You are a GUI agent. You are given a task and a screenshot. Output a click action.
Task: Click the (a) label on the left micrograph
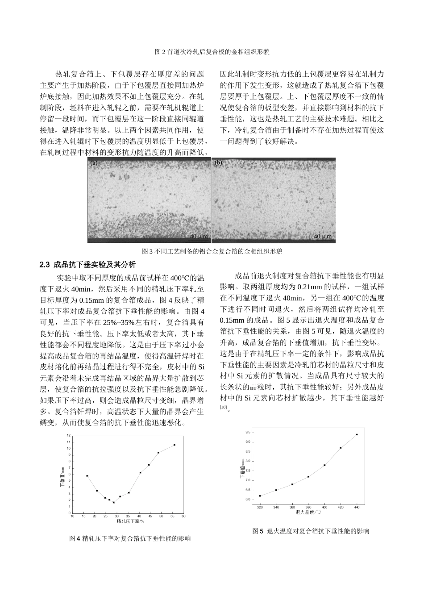pyautogui.click(x=94, y=163)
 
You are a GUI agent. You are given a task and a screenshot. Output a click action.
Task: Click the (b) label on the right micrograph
pyautogui.click(x=218, y=163)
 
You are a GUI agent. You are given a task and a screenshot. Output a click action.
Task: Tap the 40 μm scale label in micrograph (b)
pyautogui.click(x=323, y=236)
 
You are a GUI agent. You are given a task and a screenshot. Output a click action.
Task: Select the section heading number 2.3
pyautogui.click(x=45, y=264)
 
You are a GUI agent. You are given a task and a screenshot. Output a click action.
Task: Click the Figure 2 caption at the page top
pyautogui.click(x=212, y=52)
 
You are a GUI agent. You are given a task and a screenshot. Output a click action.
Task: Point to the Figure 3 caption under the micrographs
pyautogui.click(x=212, y=251)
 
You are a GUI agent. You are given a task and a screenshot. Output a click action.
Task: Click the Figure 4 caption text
pyautogui.click(x=130, y=539)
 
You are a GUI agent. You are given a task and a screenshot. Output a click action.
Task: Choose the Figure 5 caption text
pyautogui.click(x=311, y=531)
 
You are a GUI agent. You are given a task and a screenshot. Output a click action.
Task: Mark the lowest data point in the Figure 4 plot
pyautogui.click(x=114, y=502)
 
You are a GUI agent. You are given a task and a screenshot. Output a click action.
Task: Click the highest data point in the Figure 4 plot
pyautogui.click(x=175, y=445)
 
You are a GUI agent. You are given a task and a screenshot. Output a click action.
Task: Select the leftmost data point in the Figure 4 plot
pyautogui.click(x=87, y=476)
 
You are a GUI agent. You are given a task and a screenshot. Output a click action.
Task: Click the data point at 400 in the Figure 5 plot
pyautogui.click(x=324, y=465)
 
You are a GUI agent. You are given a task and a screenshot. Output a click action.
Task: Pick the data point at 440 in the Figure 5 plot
pyautogui.click(x=357, y=434)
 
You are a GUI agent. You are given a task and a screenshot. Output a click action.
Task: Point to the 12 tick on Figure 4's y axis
pyautogui.click(x=68, y=435)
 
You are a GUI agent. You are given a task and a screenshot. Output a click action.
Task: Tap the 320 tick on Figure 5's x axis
pyautogui.click(x=260, y=508)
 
